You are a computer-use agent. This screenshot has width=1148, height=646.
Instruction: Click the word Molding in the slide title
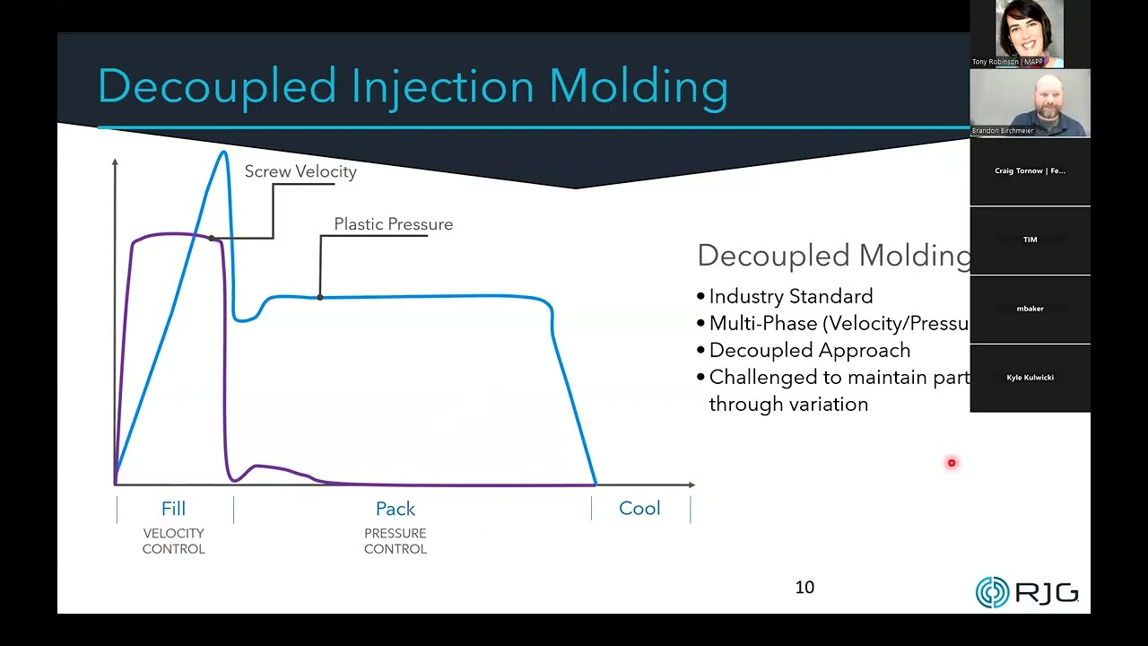click(x=638, y=87)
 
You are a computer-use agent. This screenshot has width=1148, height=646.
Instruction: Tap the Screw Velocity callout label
click(x=300, y=171)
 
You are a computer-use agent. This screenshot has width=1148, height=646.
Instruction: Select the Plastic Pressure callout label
click(x=393, y=224)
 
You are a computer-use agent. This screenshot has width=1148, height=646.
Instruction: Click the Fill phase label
click(x=173, y=509)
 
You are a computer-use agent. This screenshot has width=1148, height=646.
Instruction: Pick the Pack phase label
click(x=396, y=509)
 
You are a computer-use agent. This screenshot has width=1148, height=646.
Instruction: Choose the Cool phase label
click(x=639, y=509)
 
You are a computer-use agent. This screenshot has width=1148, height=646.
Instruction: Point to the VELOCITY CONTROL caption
click(x=173, y=541)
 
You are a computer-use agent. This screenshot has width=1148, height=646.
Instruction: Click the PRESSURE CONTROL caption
click(x=396, y=541)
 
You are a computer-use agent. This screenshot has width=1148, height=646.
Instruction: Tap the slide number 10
click(x=804, y=588)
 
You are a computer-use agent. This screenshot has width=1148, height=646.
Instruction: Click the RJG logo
click(x=1027, y=592)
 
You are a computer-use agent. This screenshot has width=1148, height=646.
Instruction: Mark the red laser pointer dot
click(x=952, y=463)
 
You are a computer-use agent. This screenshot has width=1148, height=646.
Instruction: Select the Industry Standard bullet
click(x=790, y=297)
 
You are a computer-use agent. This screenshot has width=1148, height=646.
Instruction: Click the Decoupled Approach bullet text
click(x=809, y=351)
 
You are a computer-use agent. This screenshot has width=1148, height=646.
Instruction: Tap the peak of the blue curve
click(x=223, y=152)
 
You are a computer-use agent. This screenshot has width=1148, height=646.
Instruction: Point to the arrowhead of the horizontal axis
click(x=691, y=484)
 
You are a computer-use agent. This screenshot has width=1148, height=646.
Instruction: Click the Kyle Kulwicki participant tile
click(x=1030, y=378)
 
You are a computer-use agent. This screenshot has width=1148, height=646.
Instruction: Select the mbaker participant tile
click(x=1030, y=309)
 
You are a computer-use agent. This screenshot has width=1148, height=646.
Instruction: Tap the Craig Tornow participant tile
click(x=1030, y=171)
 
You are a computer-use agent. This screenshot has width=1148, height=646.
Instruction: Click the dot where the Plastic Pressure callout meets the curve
click(x=320, y=297)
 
